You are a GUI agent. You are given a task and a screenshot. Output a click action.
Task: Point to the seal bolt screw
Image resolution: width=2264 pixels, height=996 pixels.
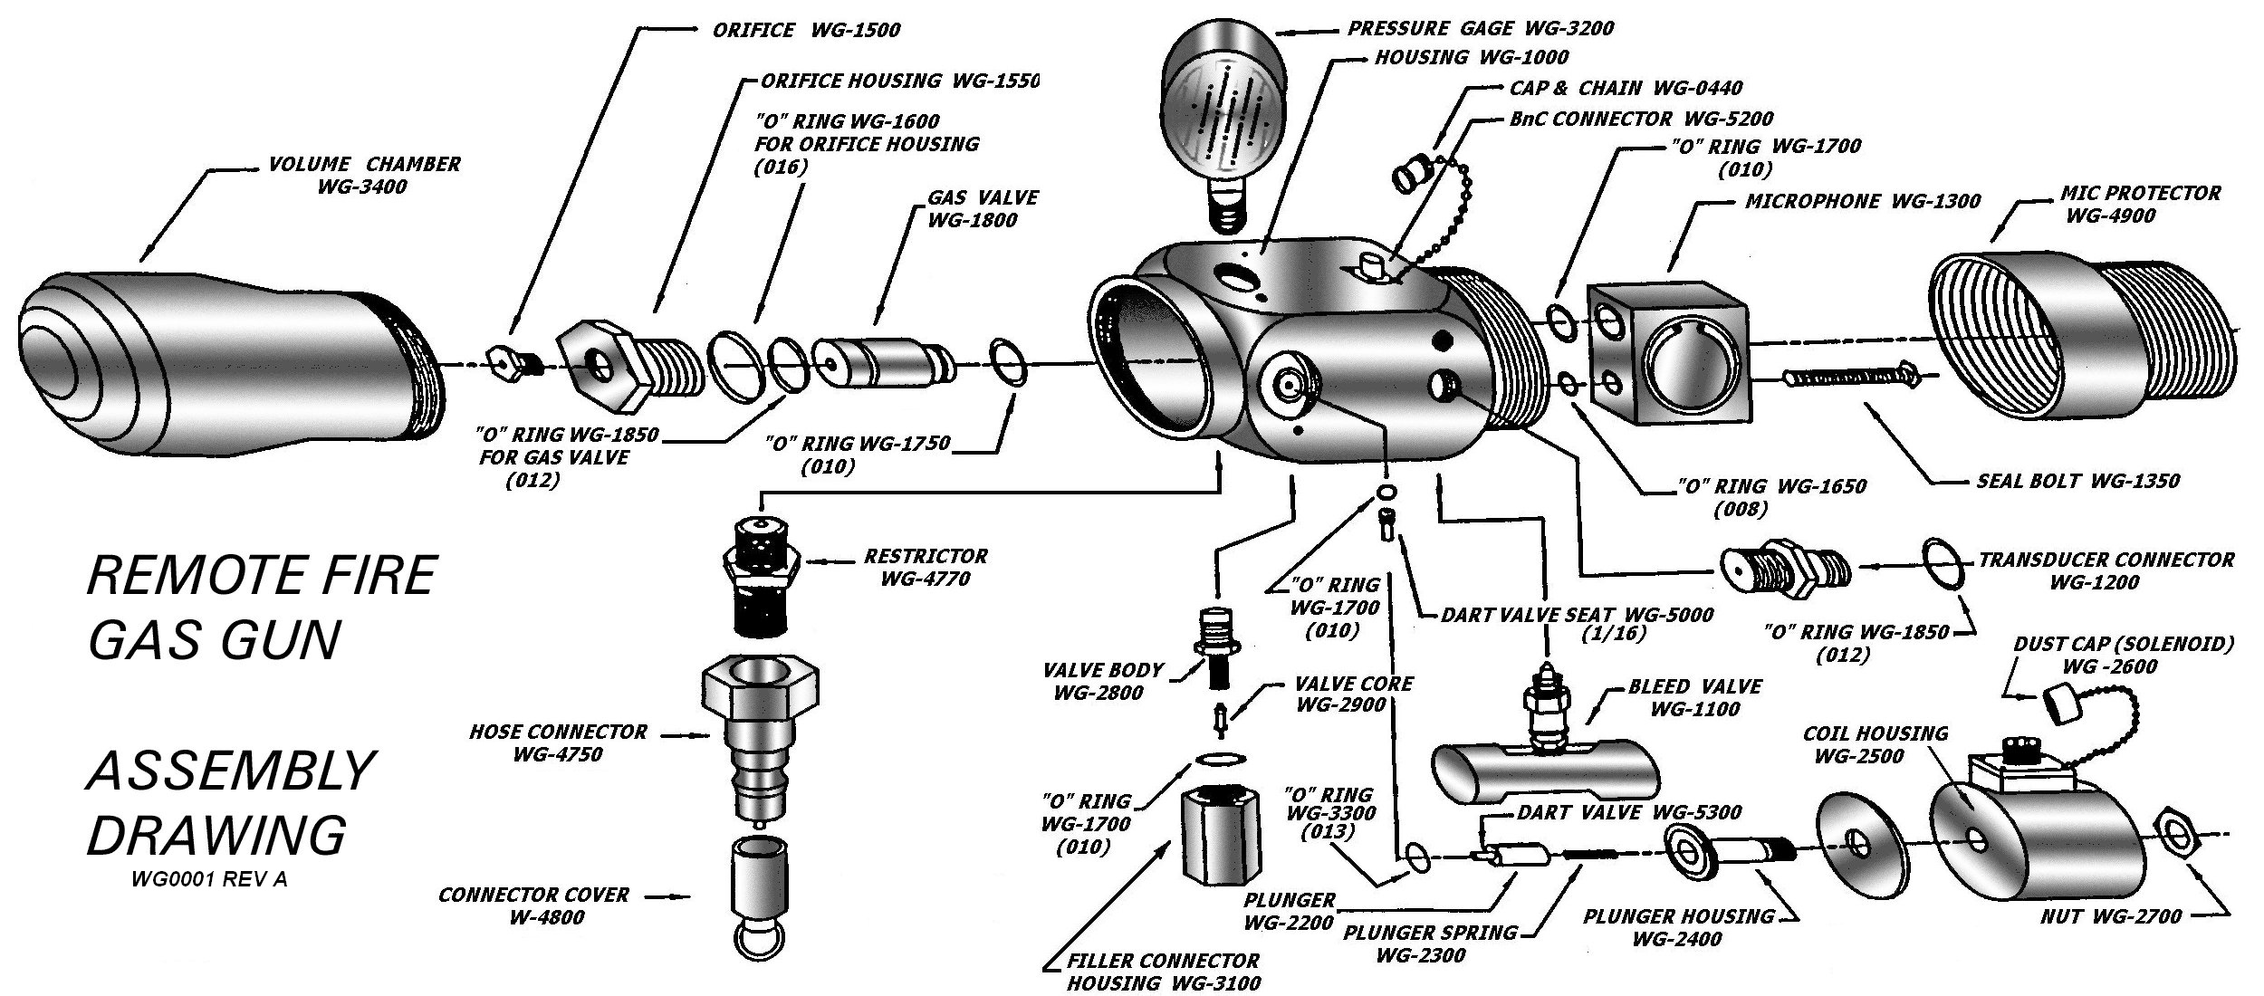(1847, 376)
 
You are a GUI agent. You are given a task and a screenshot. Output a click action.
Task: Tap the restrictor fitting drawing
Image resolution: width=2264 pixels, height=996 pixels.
(765, 575)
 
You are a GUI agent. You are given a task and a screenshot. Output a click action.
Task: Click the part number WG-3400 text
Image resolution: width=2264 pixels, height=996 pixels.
(361, 187)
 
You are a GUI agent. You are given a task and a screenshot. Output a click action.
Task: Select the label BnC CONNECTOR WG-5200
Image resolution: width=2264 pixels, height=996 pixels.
(1640, 119)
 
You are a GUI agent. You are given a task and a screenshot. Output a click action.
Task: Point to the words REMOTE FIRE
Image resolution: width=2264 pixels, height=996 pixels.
(262, 575)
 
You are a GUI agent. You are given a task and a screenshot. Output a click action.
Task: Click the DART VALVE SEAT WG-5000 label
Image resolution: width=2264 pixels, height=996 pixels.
(1577, 615)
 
